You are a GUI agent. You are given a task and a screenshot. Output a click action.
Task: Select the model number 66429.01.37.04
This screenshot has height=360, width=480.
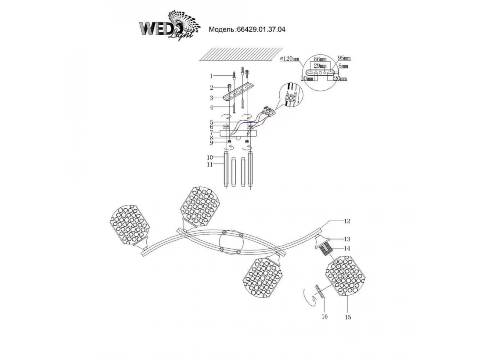click(261, 29)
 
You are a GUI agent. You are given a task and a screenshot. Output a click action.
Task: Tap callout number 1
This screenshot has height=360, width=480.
click(212, 76)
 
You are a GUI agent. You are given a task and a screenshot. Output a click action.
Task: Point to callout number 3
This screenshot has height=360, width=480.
click(212, 97)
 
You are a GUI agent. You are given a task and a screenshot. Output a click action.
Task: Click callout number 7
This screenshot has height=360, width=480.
click(212, 132)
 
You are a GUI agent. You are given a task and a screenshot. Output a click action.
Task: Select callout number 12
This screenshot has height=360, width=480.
click(347, 221)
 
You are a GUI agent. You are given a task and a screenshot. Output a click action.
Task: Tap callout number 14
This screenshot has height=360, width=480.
click(347, 248)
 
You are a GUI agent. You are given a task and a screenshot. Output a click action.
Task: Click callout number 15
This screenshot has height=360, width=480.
click(348, 317)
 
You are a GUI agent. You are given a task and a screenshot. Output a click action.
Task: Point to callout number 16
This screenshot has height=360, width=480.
click(324, 317)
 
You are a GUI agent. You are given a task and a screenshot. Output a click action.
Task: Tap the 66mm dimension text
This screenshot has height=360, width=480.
click(320, 59)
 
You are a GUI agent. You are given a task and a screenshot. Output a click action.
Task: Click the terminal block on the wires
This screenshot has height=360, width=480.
click(270, 109)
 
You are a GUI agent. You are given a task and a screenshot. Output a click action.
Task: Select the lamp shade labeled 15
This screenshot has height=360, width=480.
click(345, 277)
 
